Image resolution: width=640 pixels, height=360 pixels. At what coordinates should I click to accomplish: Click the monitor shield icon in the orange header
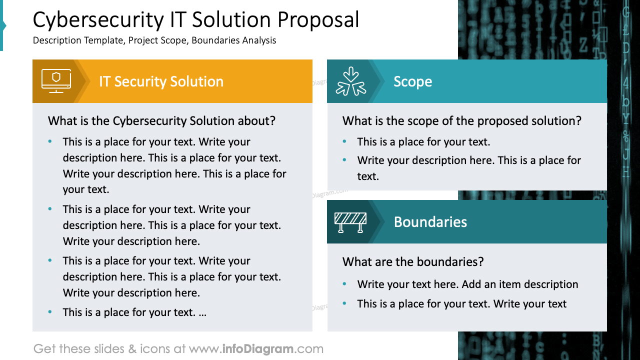(56, 81)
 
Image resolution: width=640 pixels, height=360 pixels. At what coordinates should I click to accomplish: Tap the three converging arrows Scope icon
(351, 81)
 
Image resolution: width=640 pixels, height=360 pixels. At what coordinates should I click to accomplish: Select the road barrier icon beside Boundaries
(350, 222)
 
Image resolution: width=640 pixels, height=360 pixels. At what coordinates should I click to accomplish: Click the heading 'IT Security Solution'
(161, 81)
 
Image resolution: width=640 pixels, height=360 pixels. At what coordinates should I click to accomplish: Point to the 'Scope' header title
(412, 81)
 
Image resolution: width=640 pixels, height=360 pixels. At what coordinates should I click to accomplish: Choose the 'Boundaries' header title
(430, 222)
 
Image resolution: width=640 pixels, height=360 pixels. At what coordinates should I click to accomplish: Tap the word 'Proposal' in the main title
(318, 20)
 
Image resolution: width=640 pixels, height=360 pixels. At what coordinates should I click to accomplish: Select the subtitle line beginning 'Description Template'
(154, 40)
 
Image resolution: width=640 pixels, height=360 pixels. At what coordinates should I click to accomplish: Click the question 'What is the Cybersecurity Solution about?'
(161, 121)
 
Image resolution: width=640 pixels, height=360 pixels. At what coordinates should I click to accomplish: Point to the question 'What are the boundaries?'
(413, 262)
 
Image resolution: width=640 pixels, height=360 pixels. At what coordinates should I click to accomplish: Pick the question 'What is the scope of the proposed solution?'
(462, 121)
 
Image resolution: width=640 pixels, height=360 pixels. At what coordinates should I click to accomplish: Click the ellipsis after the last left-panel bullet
(202, 313)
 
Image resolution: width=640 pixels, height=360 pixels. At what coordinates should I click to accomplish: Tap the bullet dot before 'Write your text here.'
(344, 284)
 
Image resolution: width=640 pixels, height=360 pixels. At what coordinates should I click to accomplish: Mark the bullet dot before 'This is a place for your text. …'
(50, 312)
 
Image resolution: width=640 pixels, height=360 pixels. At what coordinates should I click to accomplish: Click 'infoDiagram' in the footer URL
(257, 349)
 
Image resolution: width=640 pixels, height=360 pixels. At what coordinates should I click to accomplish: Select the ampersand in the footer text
(132, 349)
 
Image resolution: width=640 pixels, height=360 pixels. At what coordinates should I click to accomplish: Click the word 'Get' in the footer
(43, 349)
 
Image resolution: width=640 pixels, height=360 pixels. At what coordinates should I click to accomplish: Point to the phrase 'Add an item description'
(520, 284)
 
